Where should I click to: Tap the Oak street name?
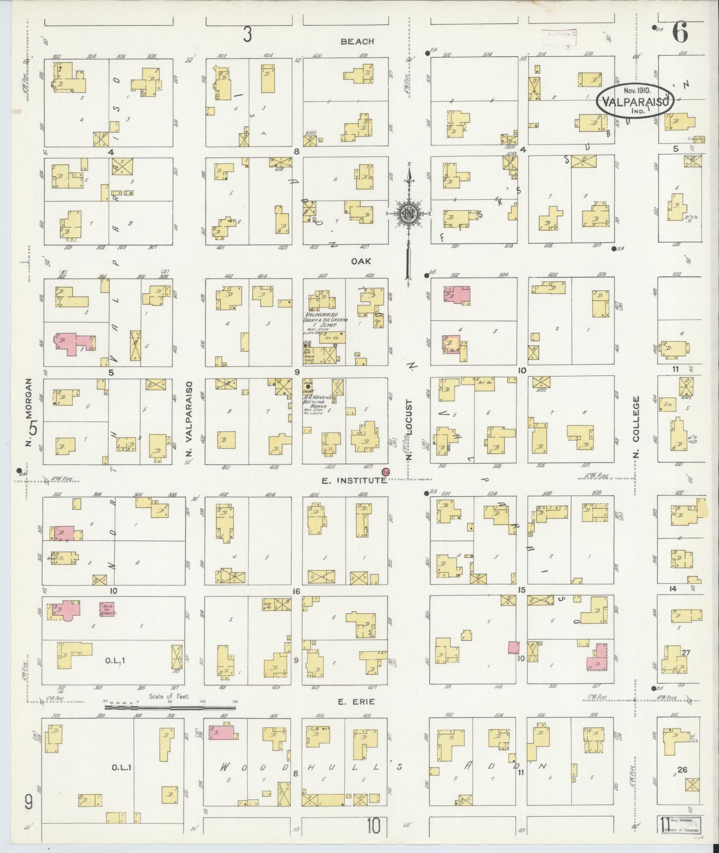361,262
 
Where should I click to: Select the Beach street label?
357,41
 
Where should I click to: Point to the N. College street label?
636,426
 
